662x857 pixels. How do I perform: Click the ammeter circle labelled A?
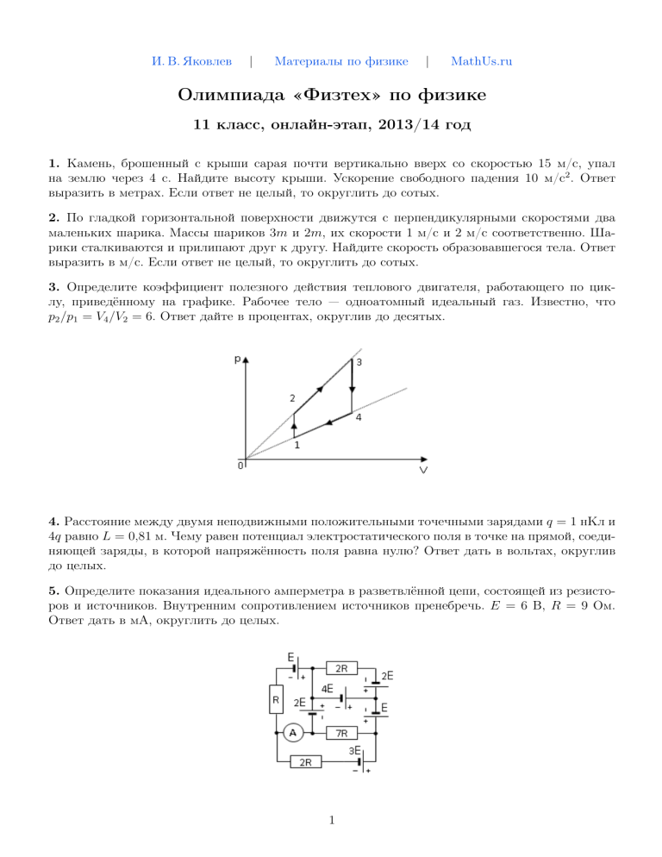click(x=292, y=733)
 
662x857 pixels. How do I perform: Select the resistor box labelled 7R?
click(x=341, y=734)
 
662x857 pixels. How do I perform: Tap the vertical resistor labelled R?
click(x=276, y=701)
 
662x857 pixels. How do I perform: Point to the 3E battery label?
click(x=355, y=751)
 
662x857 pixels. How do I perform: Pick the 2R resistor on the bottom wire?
click(x=306, y=762)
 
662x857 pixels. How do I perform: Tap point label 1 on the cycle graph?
click(x=297, y=446)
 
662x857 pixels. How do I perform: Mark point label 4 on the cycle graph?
click(x=359, y=417)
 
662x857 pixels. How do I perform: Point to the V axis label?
click(x=424, y=471)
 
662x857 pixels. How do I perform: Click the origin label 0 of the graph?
click(x=240, y=466)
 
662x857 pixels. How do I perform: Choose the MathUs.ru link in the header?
click(x=481, y=61)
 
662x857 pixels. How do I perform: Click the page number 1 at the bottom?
click(x=331, y=820)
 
